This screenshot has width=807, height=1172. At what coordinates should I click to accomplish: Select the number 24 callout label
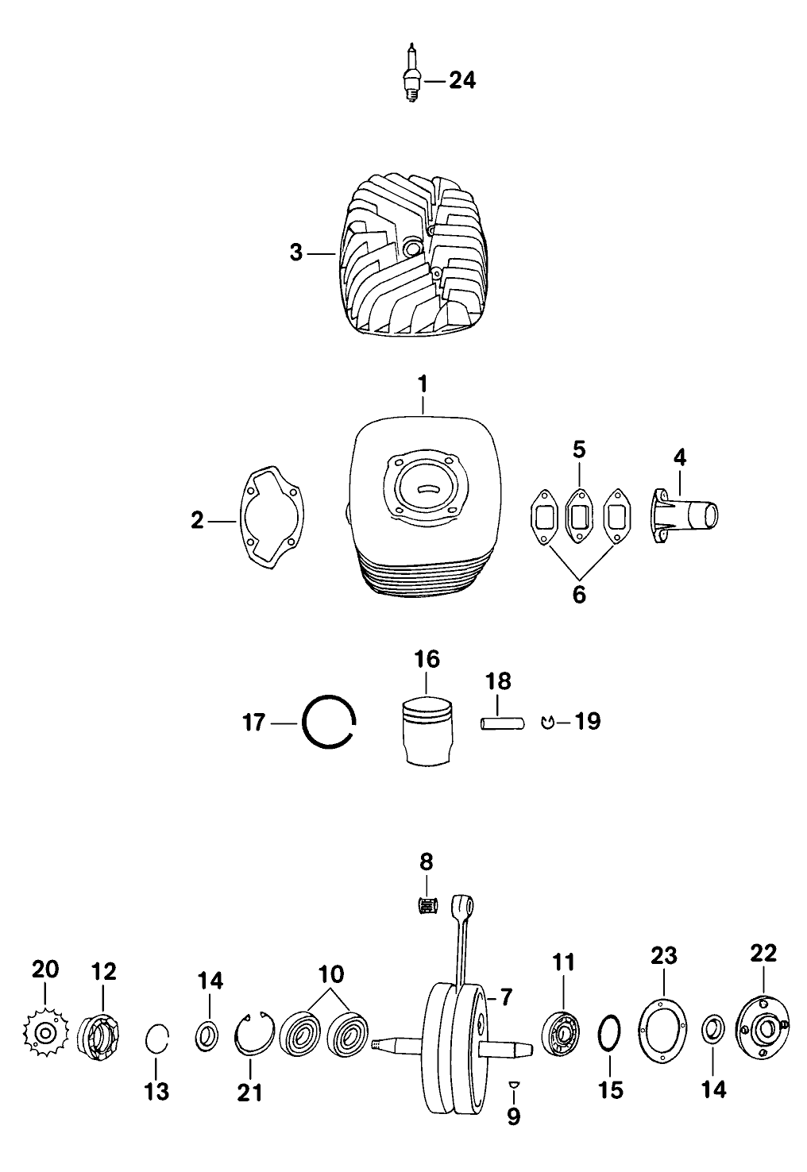click(x=462, y=80)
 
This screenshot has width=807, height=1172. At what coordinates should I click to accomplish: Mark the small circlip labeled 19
click(x=546, y=722)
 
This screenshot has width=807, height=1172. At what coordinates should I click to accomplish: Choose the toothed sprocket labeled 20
click(x=44, y=1032)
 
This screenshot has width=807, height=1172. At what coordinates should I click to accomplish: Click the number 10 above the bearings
click(x=332, y=973)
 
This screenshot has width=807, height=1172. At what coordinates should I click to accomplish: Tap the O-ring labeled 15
click(x=609, y=1036)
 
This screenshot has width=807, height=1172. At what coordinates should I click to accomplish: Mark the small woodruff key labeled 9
click(x=513, y=1085)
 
